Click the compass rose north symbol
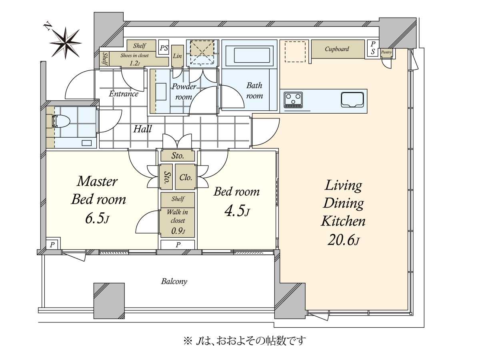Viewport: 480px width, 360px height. [x=65, y=43]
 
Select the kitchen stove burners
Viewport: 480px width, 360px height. [x=293, y=100]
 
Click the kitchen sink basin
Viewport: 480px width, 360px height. [x=352, y=100]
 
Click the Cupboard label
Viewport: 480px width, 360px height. [x=337, y=49]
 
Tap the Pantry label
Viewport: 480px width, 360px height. [x=386, y=52]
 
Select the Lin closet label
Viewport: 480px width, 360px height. [x=177, y=56]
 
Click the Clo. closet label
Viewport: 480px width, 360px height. [x=186, y=177]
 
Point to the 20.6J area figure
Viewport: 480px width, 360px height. [x=343, y=241]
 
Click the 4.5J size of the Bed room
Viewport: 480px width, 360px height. [x=237, y=211]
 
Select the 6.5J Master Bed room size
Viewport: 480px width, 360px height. [x=97, y=218]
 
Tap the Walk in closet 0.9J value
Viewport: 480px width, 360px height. [x=178, y=231]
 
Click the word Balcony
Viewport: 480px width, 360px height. [x=174, y=281]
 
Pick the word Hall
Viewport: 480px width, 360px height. [x=142, y=129]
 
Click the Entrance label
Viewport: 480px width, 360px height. [x=124, y=94]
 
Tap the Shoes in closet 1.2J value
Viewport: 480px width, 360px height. [x=134, y=63]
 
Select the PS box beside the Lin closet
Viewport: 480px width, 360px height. [x=164, y=48]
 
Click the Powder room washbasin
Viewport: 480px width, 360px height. [x=161, y=92]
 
